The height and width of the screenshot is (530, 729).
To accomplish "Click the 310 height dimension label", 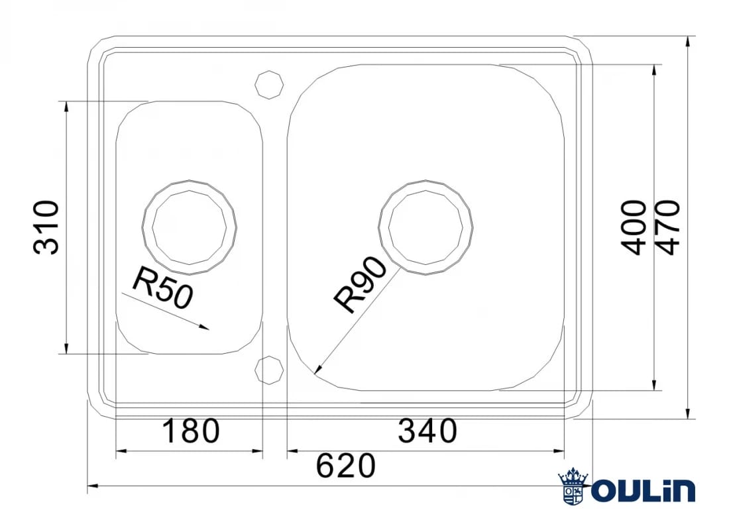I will click(x=47, y=227).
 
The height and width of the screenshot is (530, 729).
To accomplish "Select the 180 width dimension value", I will click(x=190, y=431).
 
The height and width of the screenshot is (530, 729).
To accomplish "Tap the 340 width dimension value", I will click(x=427, y=431).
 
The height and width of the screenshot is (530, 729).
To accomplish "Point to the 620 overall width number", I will click(x=345, y=466).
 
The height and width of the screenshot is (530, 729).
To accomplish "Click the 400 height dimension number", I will click(x=634, y=227).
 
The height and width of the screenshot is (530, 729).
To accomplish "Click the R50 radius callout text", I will click(x=162, y=288).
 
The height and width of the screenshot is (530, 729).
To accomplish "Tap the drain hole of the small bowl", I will click(x=190, y=227).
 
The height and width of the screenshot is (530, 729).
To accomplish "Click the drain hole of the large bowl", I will click(x=425, y=227).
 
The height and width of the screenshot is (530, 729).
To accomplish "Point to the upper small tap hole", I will click(x=270, y=84).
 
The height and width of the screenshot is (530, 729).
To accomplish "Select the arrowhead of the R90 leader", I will click(x=317, y=372).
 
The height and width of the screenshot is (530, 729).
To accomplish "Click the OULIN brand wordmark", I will click(x=643, y=491).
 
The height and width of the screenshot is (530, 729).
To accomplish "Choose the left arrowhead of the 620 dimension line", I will click(x=91, y=487).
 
